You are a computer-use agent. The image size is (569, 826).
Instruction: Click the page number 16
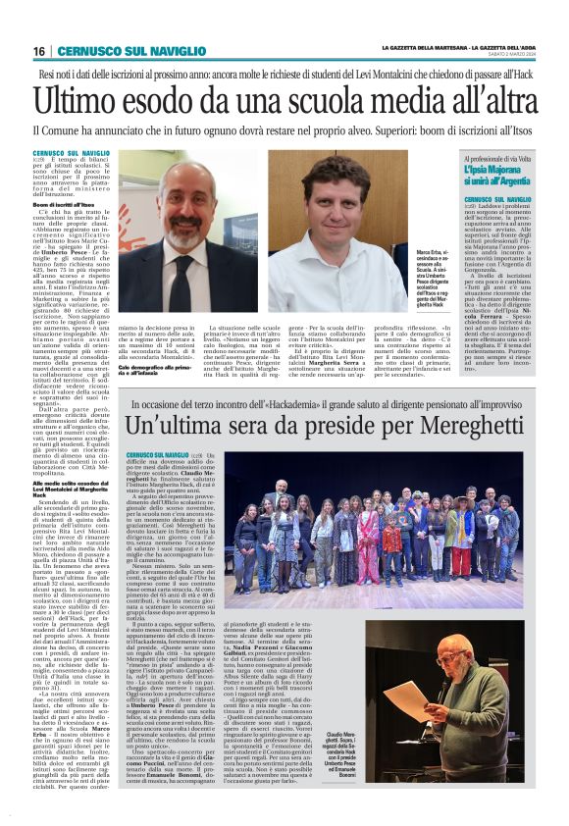coord(39,51)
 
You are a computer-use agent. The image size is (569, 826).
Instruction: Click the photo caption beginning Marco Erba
coord(436,284)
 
